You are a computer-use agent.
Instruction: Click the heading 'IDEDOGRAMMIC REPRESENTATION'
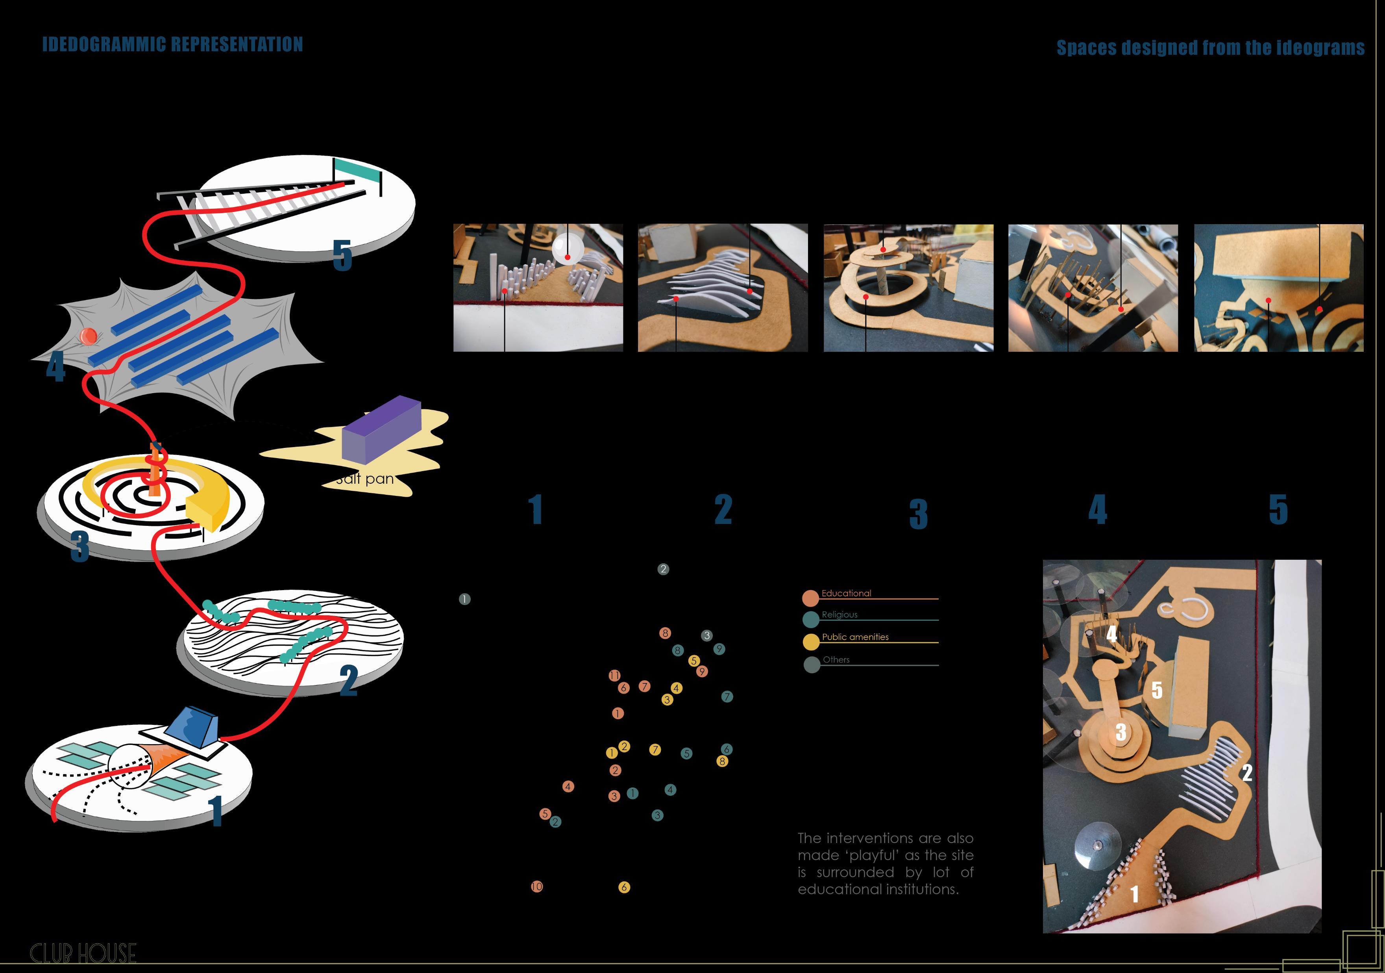(x=172, y=44)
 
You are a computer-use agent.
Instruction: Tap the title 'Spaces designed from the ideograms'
(x=1210, y=48)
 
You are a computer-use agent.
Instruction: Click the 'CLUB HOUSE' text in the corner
(x=83, y=953)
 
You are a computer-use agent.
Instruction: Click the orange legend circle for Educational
(x=810, y=598)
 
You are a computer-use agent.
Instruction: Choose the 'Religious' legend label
(x=839, y=615)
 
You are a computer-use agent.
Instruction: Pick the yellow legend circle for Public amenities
(x=811, y=642)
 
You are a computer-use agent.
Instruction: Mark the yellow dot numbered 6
(x=624, y=887)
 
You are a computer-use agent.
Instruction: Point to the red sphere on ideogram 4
(x=88, y=336)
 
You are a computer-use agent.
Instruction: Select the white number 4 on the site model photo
(x=1111, y=634)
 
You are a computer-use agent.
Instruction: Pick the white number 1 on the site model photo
(x=1134, y=894)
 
